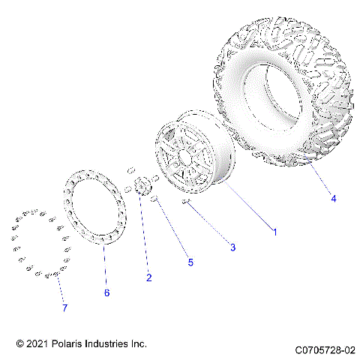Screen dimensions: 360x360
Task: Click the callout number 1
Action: click(x=274, y=232)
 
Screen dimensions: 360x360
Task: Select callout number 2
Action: click(x=148, y=277)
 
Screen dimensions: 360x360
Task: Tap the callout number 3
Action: click(x=233, y=247)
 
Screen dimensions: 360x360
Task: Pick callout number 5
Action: click(x=190, y=262)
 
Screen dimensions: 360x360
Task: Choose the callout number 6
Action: click(x=106, y=292)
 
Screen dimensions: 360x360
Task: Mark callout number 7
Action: click(x=64, y=307)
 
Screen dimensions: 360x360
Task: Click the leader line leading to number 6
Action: click(x=104, y=262)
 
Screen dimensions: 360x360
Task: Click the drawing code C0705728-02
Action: click(x=324, y=349)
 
